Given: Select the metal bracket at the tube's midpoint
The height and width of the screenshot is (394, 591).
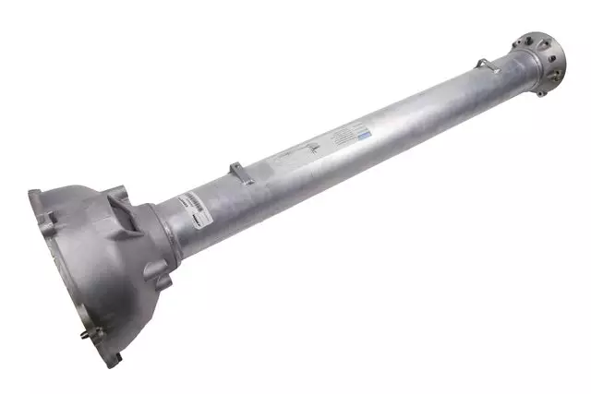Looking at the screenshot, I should pyautogui.click(x=237, y=171).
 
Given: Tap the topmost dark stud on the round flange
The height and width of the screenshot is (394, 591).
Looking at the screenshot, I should pyautogui.click(x=525, y=38).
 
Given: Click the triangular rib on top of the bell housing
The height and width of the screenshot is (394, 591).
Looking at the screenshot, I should pyautogui.click(x=118, y=197).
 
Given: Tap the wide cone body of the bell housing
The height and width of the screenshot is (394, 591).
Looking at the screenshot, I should pyautogui.click(x=102, y=268).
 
